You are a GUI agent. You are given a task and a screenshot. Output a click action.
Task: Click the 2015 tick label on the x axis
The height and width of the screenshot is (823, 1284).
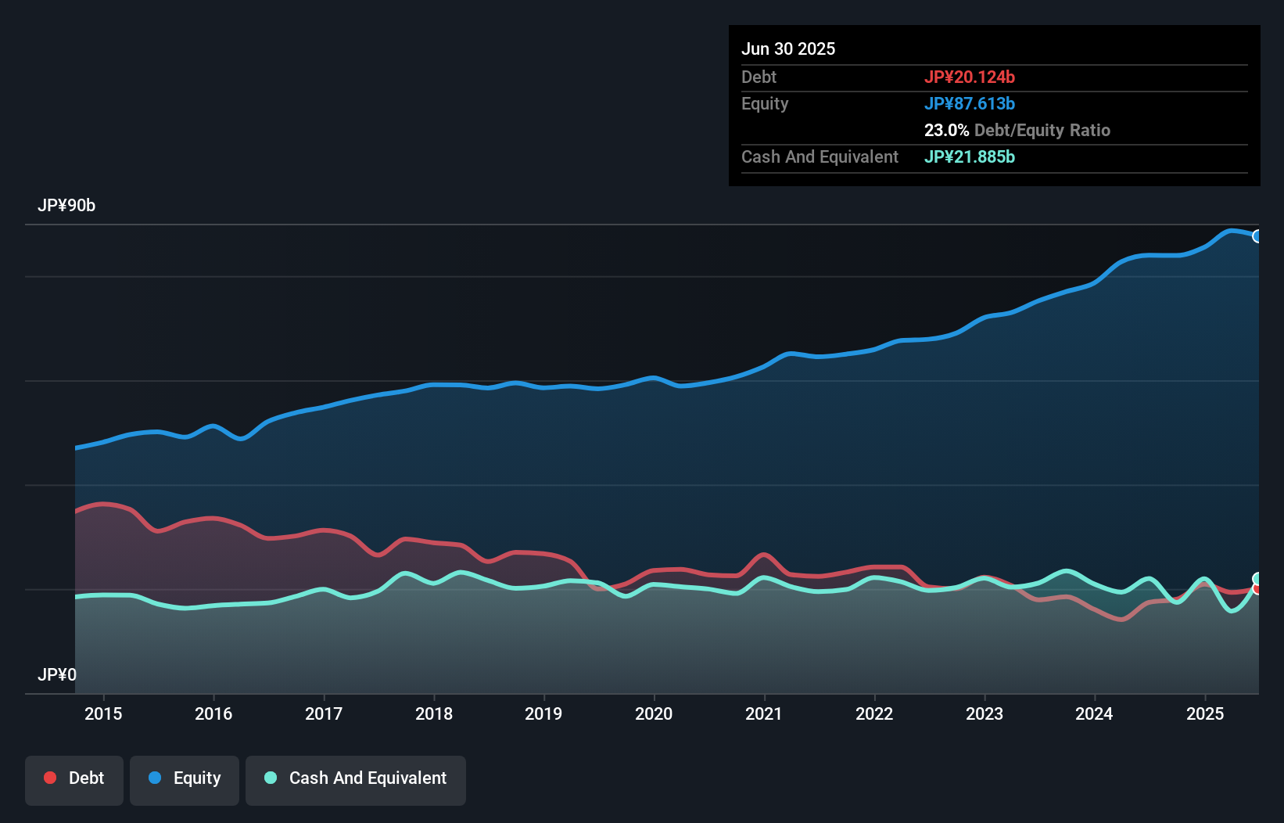point(103,713)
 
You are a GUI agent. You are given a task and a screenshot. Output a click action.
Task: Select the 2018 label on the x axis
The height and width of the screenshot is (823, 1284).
point(434,713)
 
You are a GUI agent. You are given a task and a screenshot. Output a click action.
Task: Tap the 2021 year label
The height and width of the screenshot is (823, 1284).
point(764,713)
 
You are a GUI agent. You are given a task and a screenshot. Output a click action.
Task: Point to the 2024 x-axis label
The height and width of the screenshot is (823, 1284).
point(1094,713)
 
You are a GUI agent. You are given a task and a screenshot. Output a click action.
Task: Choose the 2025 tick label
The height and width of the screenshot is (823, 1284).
point(1205,713)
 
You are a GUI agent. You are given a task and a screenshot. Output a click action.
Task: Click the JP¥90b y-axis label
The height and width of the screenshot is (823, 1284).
point(66,206)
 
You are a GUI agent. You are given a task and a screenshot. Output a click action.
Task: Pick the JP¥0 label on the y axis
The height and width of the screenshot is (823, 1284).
point(57,674)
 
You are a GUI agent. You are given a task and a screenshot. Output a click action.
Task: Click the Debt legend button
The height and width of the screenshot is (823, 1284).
point(74,778)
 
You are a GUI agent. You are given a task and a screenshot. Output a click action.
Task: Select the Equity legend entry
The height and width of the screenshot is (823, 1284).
point(185,778)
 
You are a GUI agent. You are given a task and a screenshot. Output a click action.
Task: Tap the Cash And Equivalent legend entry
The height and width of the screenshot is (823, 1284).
point(356,778)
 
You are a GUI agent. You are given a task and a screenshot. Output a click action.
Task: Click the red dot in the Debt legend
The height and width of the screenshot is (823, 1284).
point(50,778)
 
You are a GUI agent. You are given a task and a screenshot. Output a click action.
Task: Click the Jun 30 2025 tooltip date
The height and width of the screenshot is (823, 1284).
point(788,49)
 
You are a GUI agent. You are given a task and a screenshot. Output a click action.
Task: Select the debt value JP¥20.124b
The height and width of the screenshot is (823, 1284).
point(970,77)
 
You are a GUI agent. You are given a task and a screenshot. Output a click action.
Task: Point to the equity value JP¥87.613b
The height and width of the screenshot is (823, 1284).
point(970,103)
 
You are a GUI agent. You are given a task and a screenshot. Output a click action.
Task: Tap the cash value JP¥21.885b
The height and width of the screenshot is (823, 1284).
point(970,156)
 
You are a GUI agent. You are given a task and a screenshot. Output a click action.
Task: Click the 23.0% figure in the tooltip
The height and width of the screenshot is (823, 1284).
point(946,130)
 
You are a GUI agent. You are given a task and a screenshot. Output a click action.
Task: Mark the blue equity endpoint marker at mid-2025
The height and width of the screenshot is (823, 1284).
point(1257,236)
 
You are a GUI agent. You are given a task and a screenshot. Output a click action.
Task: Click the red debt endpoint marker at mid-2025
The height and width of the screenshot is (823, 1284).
point(1257,589)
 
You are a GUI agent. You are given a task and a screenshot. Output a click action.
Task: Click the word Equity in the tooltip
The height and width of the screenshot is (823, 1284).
point(765,103)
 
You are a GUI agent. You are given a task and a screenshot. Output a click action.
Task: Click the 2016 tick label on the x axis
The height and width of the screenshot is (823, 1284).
point(213,713)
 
